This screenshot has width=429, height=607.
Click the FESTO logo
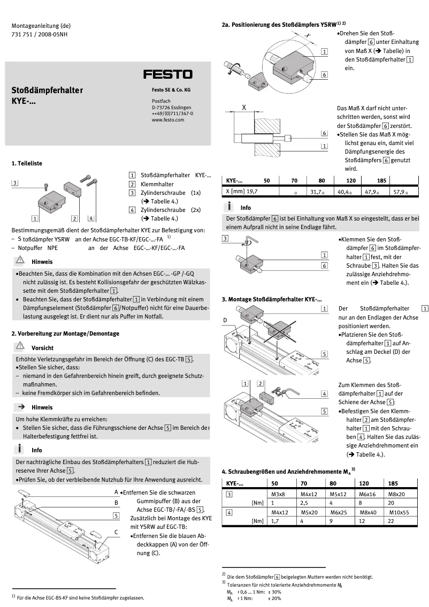167,74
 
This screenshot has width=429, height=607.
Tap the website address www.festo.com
168,120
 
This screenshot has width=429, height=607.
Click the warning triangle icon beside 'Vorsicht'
20,346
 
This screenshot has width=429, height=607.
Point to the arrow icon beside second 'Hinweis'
20,407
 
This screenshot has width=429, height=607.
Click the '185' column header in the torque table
394,483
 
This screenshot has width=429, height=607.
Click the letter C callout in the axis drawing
116,532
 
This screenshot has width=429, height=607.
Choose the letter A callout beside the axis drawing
116,492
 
